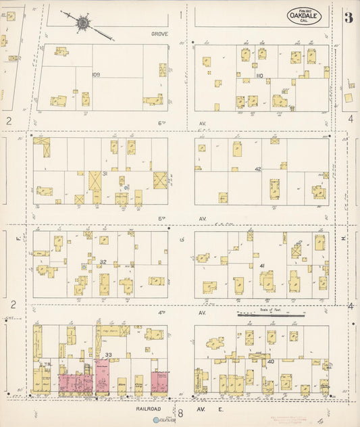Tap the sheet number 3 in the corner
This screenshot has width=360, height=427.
348,16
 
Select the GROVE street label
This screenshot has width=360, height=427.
159,33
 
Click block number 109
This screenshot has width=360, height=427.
96,74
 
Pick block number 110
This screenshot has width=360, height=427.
259,76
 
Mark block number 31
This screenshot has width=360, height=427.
105,174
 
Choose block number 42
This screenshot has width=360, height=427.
258,169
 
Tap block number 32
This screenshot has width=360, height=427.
103,262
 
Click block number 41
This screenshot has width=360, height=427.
261,266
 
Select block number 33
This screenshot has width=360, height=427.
108,354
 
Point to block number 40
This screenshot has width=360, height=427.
271,361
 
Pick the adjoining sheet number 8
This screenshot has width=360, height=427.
180,411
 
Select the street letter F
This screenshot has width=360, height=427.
13,238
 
